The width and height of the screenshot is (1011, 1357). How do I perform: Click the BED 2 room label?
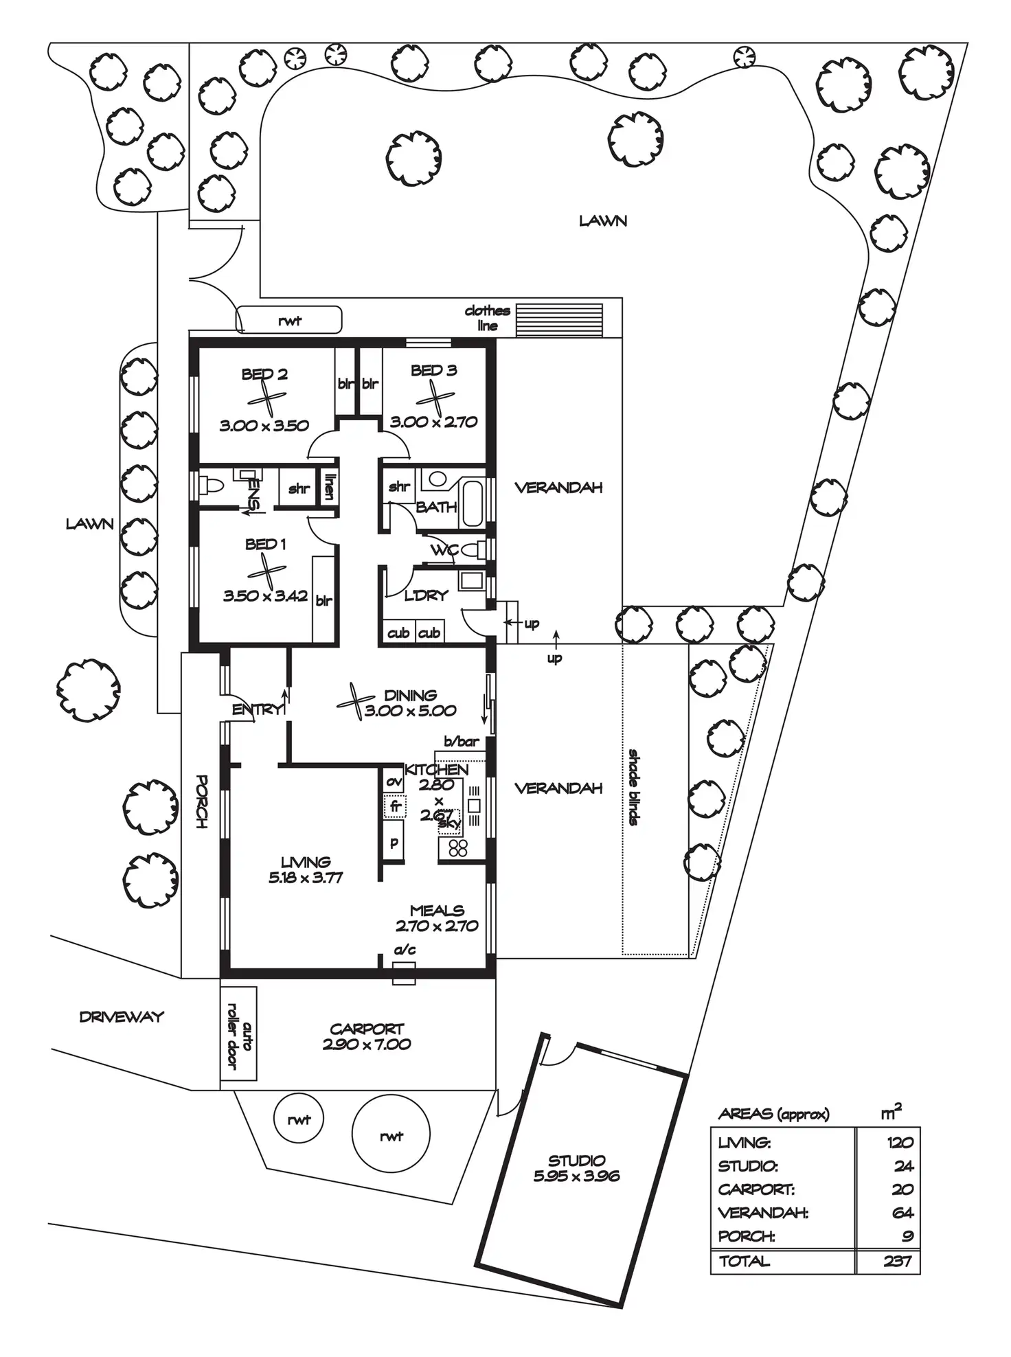click(264, 374)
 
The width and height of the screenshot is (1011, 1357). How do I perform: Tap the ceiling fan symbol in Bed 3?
click(435, 398)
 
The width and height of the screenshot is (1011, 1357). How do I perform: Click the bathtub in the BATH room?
click(473, 503)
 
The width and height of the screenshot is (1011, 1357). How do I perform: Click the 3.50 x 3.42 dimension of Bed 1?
click(265, 595)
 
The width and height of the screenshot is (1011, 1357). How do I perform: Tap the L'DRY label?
click(426, 595)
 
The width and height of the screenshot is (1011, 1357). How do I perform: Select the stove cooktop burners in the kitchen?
click(458, 848)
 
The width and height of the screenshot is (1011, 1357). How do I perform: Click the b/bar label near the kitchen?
click(461, 742)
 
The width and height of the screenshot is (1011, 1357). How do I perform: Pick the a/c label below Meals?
click(405, 950)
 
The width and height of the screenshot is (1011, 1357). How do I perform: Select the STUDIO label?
click(576, 1161)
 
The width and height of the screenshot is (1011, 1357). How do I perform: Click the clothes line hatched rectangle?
click(559, 321)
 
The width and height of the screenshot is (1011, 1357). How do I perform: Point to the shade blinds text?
click(633, 787)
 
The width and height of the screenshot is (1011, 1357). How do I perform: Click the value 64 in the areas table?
click(902, 1213)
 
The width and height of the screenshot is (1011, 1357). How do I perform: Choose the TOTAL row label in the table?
click(745, 1261)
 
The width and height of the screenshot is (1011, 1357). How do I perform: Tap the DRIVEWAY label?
click(122, 1017)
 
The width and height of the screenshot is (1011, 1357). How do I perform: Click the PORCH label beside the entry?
click(201, 801)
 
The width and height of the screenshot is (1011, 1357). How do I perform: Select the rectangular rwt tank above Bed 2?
click(289, 320)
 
